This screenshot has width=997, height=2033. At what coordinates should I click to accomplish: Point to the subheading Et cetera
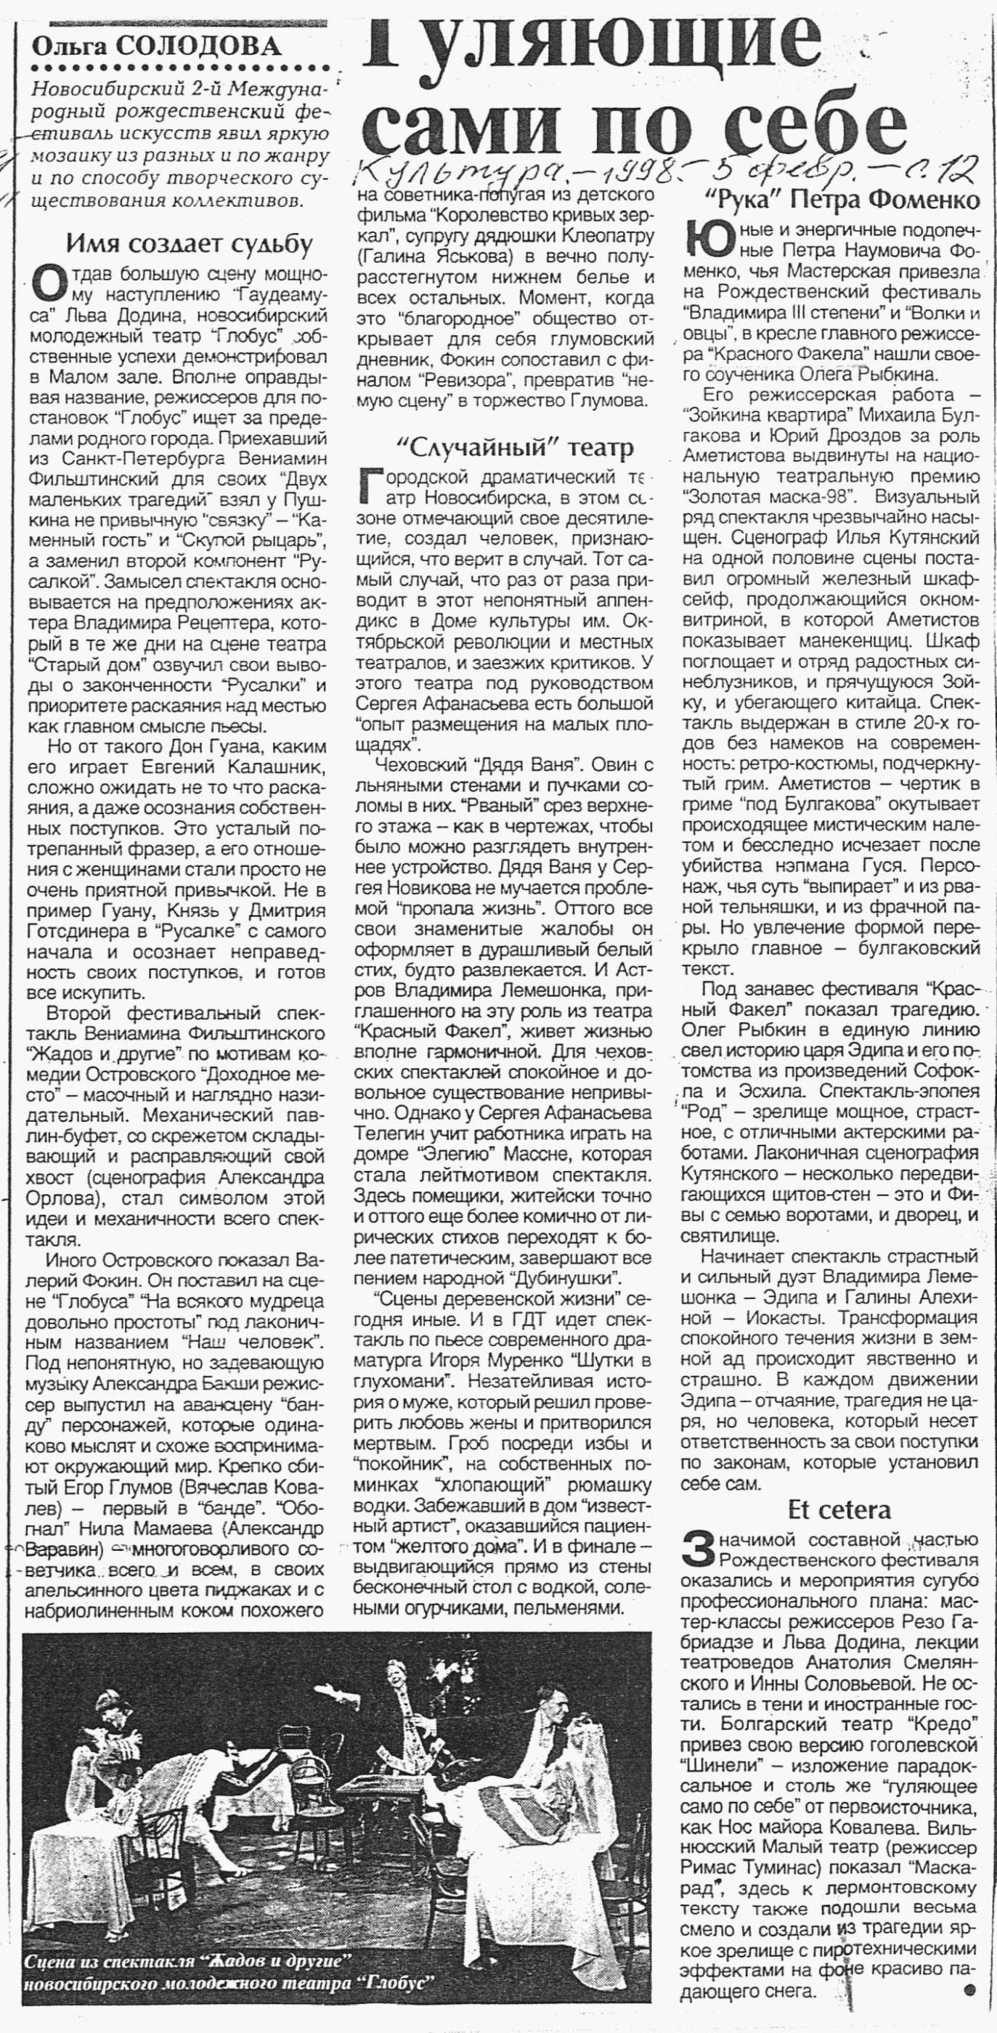pyautogui.click(x=839, y=1510)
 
